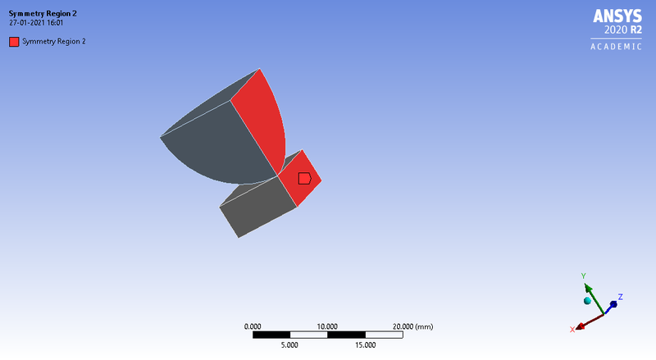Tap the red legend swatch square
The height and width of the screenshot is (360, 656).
click(x=14, y=42)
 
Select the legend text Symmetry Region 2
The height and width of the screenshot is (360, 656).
click(x=54, y=42)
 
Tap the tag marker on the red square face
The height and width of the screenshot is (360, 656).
click(x=303, y=178)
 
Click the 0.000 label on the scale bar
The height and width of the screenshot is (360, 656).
click(x=253, y=326)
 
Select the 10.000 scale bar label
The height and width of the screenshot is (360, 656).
click(x=327, y=326)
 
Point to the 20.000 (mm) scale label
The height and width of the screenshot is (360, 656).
click(x=412, y=326)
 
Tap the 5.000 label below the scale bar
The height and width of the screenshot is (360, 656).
click(x=289, y=345)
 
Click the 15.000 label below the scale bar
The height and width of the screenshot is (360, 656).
click(x=364, y=345)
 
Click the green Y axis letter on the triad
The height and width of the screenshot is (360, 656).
click(x=583, y=276)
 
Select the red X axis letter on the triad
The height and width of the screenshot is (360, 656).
click(x=572, y=330)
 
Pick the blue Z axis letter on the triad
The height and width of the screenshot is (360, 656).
click(x=621, y=296)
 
